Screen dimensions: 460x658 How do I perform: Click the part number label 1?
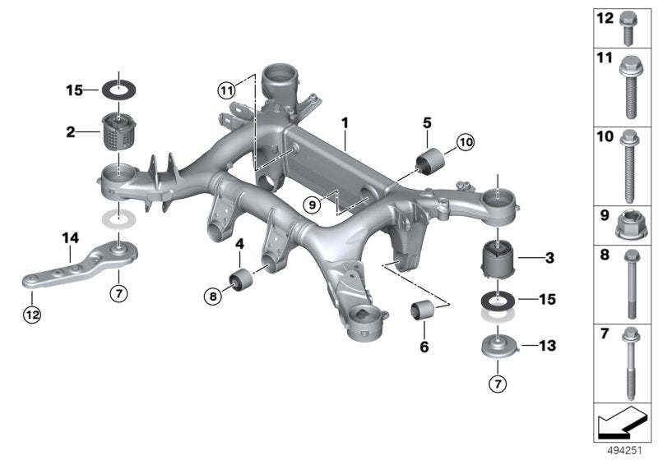pyautogui.click(x=346, y=123)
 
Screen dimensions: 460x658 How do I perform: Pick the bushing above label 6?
pyautogui.click(x=423, y=313)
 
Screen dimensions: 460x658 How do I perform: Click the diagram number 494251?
pyautogui.click(x=628, y=450)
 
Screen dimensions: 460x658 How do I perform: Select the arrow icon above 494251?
pyautogui.click(x=623, y=424)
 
